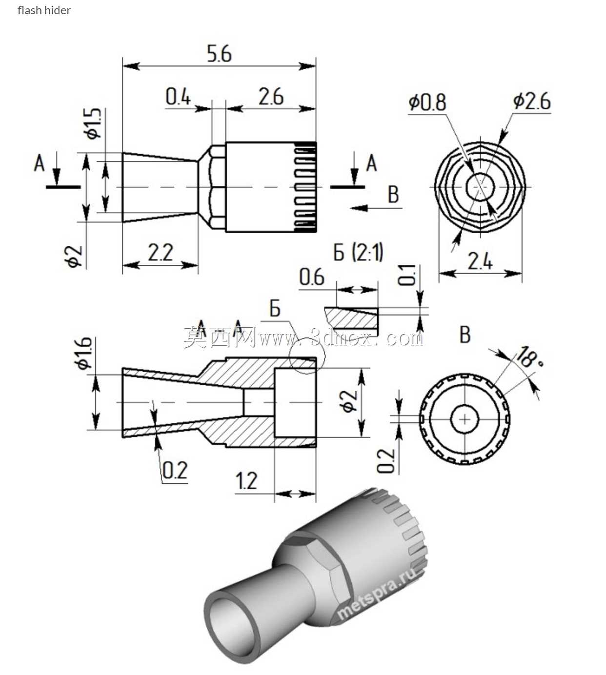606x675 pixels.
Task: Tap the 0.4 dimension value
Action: tap(178, 97)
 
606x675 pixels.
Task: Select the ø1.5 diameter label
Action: tap(92, 123)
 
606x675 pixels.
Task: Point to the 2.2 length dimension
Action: tap(161, 252)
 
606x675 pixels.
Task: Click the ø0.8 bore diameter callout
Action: tap(427, 102)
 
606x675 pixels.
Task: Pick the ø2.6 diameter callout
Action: tap(532, 101)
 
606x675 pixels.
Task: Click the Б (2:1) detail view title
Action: tap(358, 252)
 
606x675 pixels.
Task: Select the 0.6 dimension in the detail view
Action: tap(312, 277)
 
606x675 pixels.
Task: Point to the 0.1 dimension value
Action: tap(407, 275)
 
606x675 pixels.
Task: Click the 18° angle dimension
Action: tap(529, 357)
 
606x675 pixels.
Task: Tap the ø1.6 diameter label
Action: tap(83, 353)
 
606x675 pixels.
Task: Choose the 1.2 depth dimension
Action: tap(246, 481)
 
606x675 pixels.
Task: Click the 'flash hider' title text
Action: tap(44, 10)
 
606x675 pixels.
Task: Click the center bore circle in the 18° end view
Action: tap(465, 419)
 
